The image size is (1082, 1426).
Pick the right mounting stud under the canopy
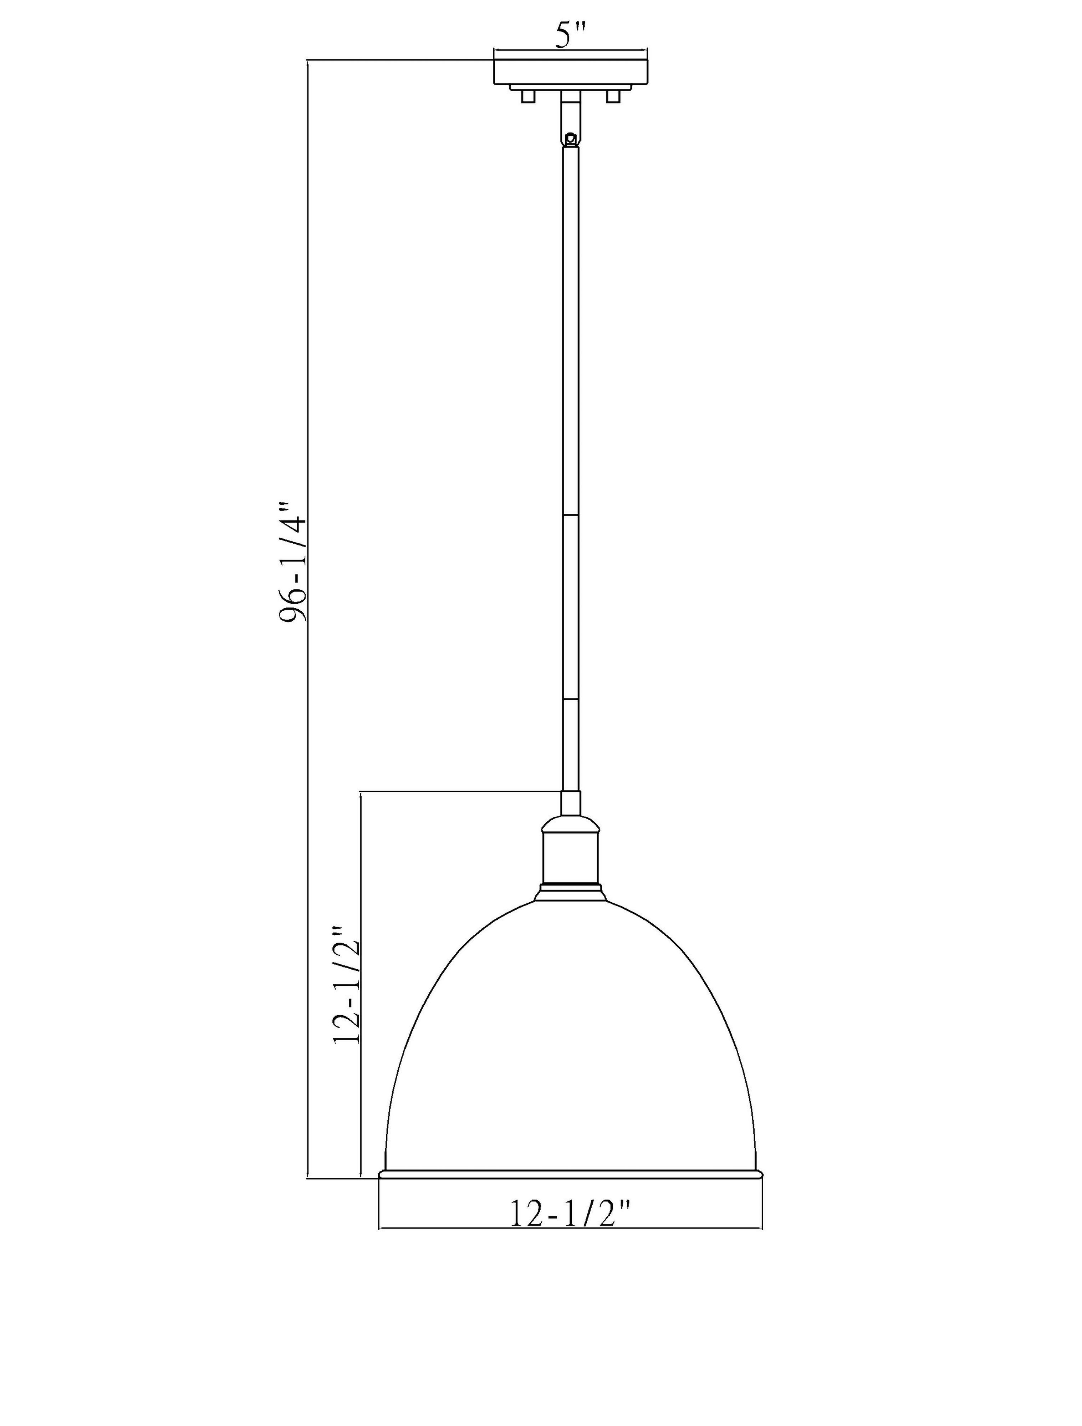coord(613,97)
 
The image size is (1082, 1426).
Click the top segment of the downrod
coord(570,329)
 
